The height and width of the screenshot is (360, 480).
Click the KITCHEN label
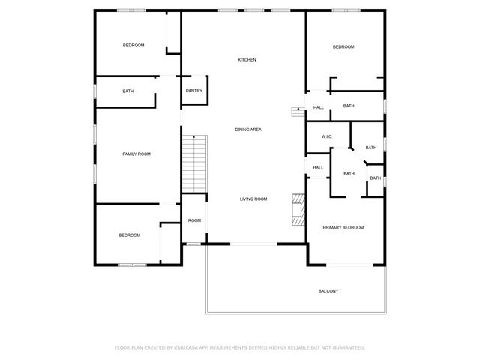(x=247, y=60)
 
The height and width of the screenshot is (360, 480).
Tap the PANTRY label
(x=194, y=91)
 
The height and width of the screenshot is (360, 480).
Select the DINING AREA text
(x=248, y=130)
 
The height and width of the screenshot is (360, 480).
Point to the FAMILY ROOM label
(x=136, y=154)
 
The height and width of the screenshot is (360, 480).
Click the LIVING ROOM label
(x=253, y=199)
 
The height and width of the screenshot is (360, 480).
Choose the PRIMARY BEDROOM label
(x=343, y=227)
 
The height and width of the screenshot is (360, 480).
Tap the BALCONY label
(x=328, y=291)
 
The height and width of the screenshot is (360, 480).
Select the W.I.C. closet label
(x=327, y=136)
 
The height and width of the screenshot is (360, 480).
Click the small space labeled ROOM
(x=194, y=220)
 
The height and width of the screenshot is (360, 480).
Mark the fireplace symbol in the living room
(x=299, y=210)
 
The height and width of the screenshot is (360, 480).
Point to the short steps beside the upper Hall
(x=298, y=112)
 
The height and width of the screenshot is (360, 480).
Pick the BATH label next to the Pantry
(x=128, y=91)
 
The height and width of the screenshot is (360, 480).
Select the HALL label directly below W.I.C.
(x=318, y=167)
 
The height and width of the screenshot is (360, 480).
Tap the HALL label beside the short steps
(x=319, y=108)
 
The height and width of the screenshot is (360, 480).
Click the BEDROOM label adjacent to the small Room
(x=129, y=235)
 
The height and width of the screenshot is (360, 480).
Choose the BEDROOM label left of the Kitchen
(x=133, y=46)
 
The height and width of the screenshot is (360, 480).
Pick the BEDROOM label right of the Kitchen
(x=343, y=47)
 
